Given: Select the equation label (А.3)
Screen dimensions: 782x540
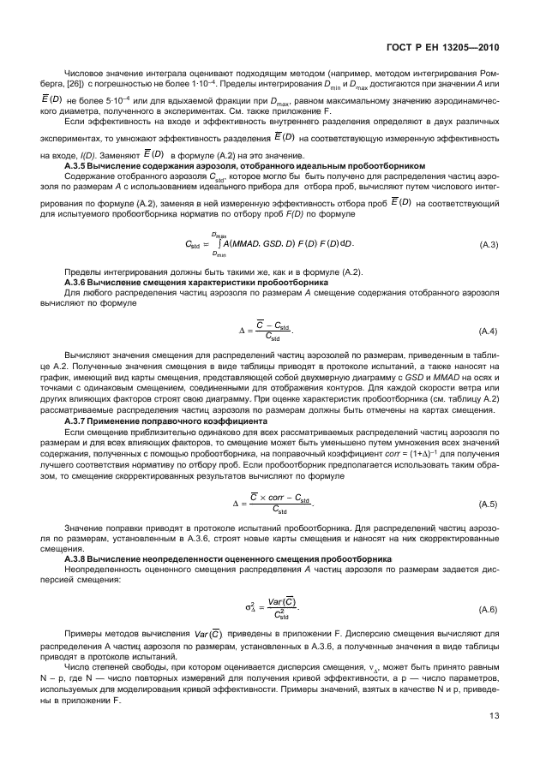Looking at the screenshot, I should (489, 246).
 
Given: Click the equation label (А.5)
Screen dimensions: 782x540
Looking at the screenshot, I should (489, 504).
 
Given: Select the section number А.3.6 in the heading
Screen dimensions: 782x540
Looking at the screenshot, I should (79, 282).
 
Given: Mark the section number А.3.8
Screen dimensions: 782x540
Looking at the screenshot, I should (79, 558).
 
